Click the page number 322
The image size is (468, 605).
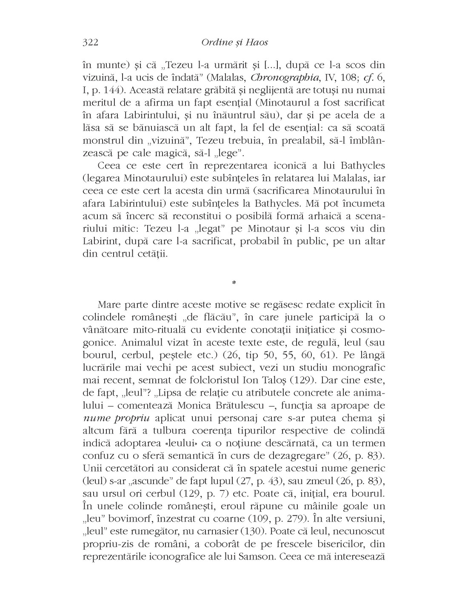(x=89, y=43)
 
